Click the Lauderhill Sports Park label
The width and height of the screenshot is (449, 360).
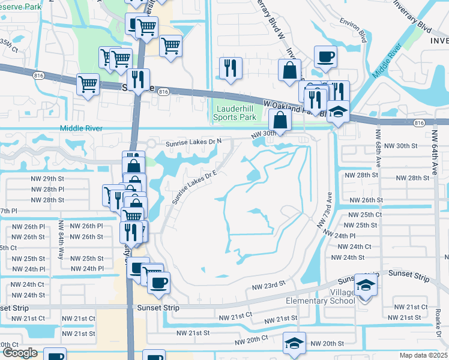point(237,112)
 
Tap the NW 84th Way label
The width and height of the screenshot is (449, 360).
point(61,235)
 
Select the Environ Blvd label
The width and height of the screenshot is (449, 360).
point(354,35)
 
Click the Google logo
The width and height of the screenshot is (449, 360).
point(19,353)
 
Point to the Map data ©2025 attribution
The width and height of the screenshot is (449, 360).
point(423,355)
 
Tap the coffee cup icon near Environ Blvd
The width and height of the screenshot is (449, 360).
point(325,57)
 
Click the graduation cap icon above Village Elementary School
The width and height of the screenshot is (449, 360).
point(366,284)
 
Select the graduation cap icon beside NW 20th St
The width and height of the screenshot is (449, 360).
point(294,343)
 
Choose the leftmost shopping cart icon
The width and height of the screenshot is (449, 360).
point(88,84)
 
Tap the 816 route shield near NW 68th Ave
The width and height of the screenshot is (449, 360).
point(419,122)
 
